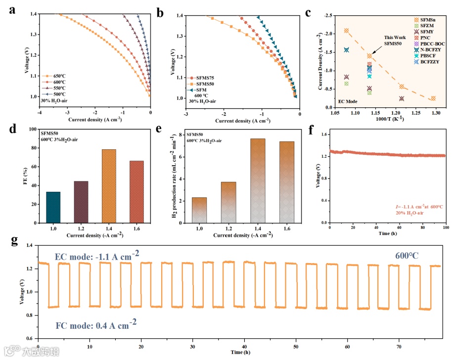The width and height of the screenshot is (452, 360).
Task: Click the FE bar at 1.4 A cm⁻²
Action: (108, 186)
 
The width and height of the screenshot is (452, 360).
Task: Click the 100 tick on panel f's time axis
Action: (445, 228)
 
